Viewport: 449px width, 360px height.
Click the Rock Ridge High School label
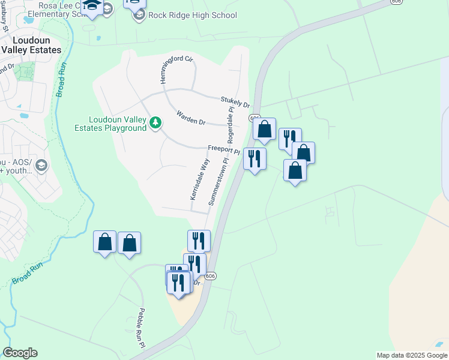[193, 16]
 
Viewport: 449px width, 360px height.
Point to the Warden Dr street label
[191, 118]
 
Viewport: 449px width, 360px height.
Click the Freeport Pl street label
[223, 149]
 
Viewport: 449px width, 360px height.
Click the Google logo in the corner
[20, 353]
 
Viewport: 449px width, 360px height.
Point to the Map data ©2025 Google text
[412, 355]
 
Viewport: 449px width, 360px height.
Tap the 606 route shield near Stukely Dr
[255, 118]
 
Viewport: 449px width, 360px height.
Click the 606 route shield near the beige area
[209, 276]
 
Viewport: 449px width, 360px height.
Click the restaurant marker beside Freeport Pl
[255, 159]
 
